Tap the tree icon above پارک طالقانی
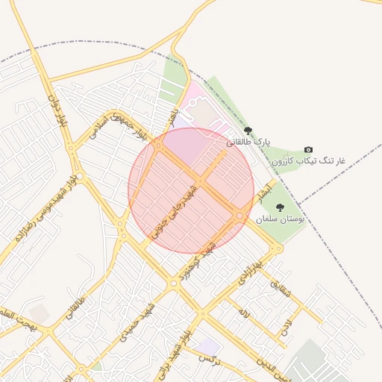pos(248,131)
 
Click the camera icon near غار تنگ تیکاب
pos(309,150)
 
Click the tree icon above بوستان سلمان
pos(280,208)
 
